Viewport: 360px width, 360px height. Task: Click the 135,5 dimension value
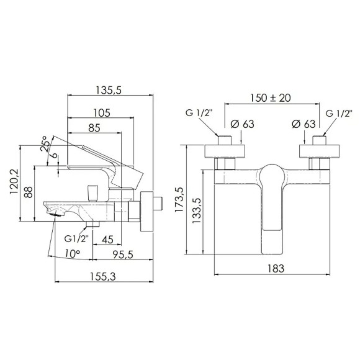(109, 90)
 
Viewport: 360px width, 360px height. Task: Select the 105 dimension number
(102, 113)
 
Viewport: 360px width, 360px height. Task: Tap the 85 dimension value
(94, 128)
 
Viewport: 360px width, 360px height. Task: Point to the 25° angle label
(45, 144)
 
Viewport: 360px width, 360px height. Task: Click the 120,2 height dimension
(14, 182)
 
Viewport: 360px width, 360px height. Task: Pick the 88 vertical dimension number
(29, 192)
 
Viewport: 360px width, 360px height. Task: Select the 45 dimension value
(107, 240)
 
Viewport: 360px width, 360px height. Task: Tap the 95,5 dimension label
(123, 254)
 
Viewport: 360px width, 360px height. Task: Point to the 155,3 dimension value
(102, 276)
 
